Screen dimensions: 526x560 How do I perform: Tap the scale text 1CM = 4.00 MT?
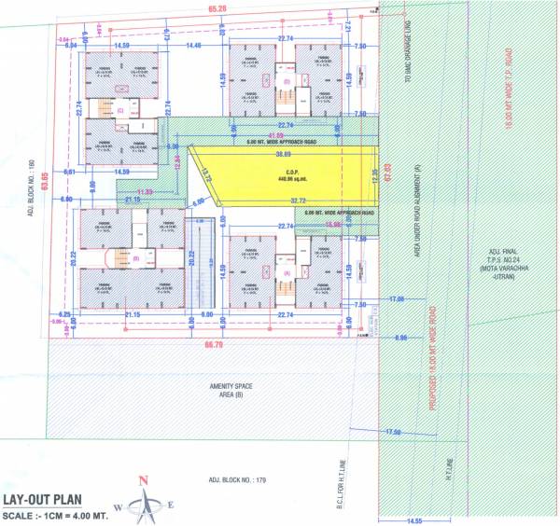[x=56, y=516]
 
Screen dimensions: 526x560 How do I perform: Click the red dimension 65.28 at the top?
[x=217, y=10]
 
